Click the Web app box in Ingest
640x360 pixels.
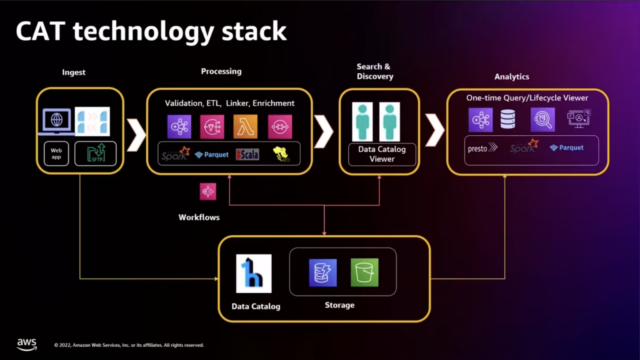click(56, 153)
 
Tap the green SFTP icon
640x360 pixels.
click(95, 153)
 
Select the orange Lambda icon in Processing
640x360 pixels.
click(245, 126)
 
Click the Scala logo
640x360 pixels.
click(248, 154)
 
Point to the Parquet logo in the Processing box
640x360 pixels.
click(212, 155)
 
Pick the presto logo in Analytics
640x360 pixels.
click(482, 148)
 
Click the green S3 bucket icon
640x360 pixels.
click(365, 272)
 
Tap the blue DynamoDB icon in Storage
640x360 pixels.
click(323, 272)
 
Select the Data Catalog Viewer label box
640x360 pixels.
click(382, 154)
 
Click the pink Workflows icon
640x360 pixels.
click(208, 191)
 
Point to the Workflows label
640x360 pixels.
click(199, 217)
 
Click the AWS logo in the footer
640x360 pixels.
click(27, 345)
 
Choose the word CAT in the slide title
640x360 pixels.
click(41, 32)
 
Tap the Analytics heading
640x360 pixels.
click(511, 77)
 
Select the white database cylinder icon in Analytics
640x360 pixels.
click(507, 119)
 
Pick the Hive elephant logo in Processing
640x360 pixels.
click(281, 154)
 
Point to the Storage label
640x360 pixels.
click(339, 305)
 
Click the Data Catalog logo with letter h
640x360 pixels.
click(254, 273)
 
